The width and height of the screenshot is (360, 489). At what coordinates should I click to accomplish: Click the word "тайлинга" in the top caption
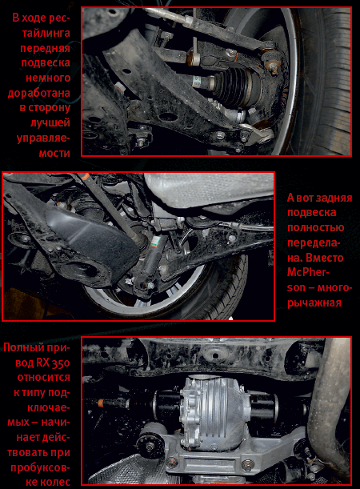tap(46, 33)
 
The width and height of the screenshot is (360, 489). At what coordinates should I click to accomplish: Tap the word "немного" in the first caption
tap(48, 78)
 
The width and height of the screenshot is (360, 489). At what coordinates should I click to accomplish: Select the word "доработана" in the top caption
tap(39, 93)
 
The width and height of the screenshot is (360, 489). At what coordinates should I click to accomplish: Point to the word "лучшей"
tap(50, 122)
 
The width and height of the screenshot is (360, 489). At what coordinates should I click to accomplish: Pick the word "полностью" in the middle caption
tap(316, 227)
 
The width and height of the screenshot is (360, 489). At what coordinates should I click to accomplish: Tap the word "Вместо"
tap(325, 258)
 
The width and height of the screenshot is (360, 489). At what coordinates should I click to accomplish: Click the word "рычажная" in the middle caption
tap(314, 303)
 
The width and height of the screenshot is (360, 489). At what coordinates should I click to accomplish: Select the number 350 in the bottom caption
tap(62, 363)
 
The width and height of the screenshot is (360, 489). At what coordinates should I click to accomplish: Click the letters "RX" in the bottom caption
tap(43, 363)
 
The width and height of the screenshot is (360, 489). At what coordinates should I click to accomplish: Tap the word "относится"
tap(44, 377)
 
